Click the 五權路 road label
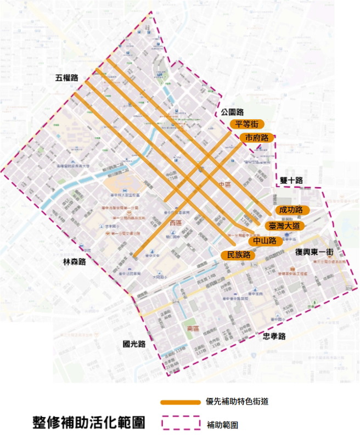(x=67, y=78)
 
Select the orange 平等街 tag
(x=247, y=125)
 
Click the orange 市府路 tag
(x=256, y=137)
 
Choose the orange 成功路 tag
(x=291, y=210)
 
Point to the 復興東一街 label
(x=314, y=251)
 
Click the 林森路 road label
(x=74, y=262)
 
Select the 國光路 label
(x=134, y=344)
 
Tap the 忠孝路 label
(x=274, y=336)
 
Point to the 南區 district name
(x=193, y=328)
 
